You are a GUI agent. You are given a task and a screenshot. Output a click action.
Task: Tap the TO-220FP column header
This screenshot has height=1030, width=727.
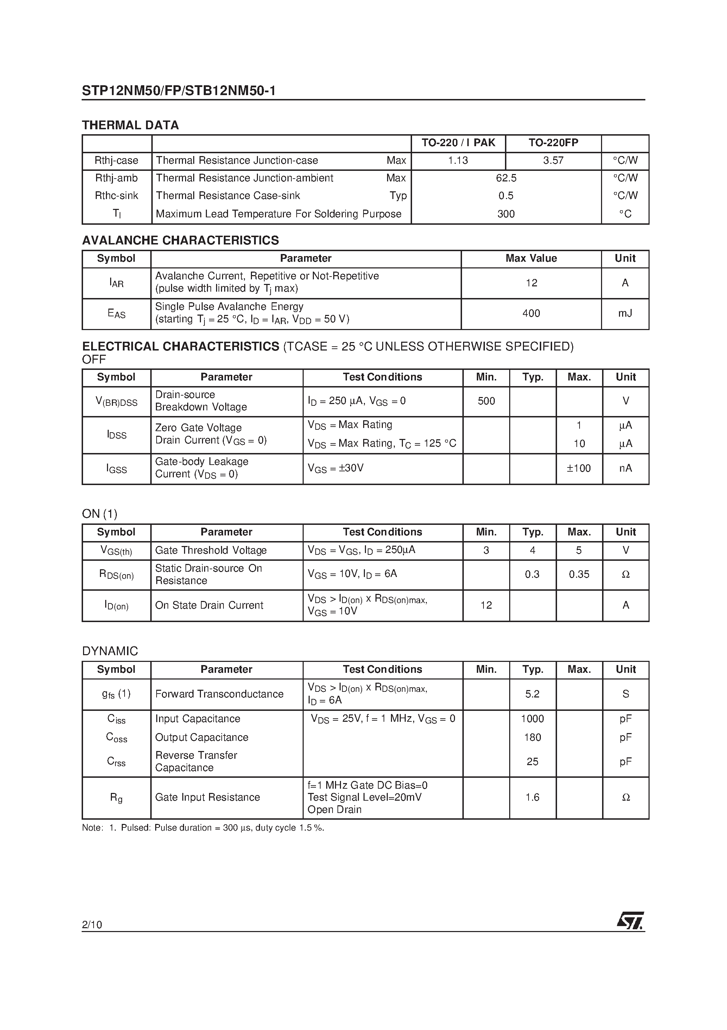point(553,143)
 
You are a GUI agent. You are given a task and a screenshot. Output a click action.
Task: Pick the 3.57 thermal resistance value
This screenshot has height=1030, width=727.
point(553,160)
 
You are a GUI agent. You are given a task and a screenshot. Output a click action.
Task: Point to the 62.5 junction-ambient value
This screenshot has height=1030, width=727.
point(506,178)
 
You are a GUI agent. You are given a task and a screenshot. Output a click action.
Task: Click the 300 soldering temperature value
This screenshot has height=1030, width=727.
point(506,214)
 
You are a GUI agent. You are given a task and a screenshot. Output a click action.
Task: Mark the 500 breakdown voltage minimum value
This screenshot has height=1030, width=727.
point(486,401)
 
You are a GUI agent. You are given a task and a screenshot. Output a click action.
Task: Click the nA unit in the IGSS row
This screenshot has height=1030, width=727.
point(625,469)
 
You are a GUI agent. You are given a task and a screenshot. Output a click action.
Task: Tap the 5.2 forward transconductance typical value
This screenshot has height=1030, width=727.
point(532,694)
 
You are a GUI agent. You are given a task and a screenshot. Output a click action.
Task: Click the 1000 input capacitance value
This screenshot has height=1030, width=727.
point(532,719)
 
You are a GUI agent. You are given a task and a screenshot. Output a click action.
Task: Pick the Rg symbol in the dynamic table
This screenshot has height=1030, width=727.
point(116,797)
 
